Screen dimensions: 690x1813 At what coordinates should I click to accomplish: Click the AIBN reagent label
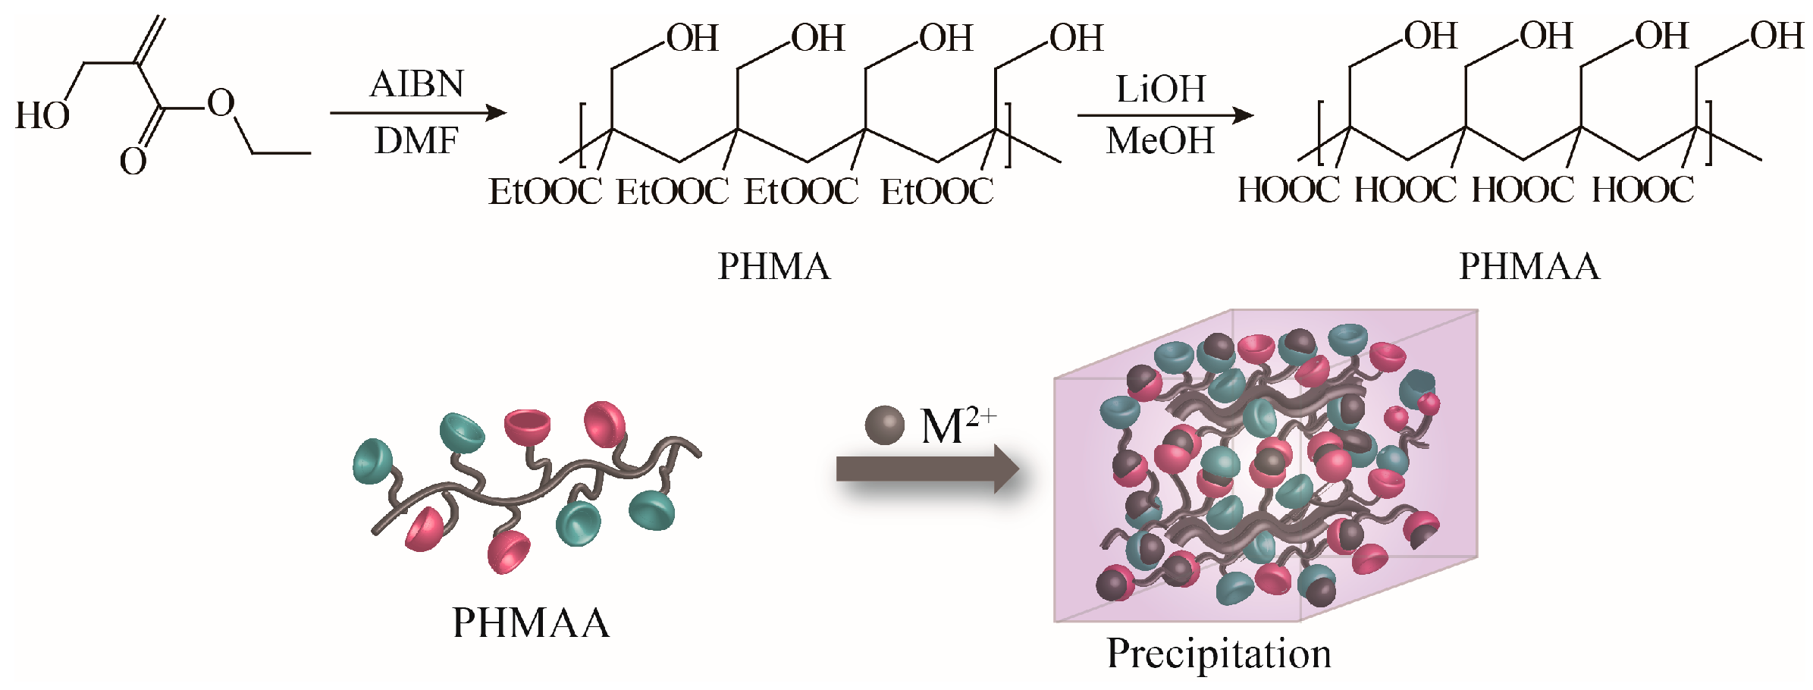(416, 84)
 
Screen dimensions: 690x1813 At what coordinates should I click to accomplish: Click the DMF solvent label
(416, 141)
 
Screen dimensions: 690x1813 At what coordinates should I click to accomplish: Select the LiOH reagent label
(1160, 89)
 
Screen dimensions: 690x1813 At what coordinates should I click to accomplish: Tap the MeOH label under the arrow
(1160, 141)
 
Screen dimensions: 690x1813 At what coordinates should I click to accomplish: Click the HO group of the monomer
(42, 117)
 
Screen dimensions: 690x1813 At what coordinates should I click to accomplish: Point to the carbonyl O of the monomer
(133, 162)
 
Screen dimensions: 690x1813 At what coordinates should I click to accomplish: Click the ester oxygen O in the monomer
(221, 103)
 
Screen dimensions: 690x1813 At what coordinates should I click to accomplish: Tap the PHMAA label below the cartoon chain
(531, 623)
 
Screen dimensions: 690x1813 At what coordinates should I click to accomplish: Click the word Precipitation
(1219, 654)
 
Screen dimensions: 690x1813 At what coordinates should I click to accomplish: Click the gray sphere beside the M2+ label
(884, 425)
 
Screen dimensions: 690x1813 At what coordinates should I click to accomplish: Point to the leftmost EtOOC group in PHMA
(544, 192)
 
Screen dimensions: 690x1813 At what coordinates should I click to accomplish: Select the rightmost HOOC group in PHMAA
(1642, 190)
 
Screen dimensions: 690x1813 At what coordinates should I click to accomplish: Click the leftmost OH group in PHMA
(692, 39)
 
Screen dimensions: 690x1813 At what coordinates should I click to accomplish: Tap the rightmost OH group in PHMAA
(1777, 36)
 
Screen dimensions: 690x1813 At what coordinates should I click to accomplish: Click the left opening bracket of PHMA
(582, 135)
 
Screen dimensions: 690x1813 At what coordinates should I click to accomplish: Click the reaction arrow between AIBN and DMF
(418, 113)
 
